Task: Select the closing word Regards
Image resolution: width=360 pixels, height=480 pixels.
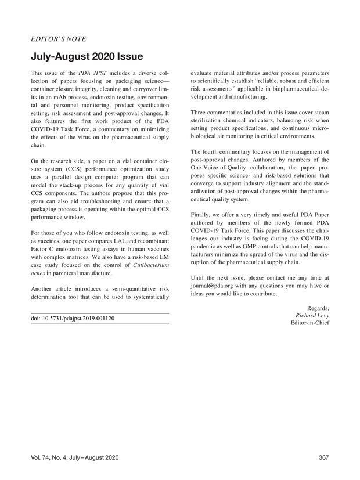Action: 317,308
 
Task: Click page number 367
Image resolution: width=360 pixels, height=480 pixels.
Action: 324,458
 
